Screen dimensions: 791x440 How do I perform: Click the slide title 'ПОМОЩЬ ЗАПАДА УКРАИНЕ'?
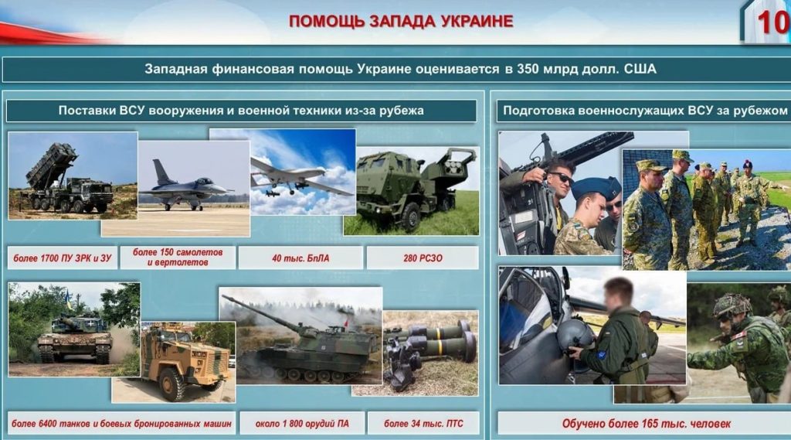tap(401, 21)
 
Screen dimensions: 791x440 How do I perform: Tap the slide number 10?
tap(772, 22)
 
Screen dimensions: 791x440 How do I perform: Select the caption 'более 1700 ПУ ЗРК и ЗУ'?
tap(62, 258)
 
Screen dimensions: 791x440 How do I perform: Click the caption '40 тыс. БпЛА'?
tap(300, 258)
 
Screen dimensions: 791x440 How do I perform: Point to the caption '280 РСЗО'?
tap(423, 258)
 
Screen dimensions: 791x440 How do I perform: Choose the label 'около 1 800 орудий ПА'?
tap(302, 423)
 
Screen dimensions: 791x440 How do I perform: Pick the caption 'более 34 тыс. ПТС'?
tap(423, 423)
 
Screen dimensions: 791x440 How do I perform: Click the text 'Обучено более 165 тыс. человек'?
tap(647, 424)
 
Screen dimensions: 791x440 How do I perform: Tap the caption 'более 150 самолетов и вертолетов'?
tap(178, 258)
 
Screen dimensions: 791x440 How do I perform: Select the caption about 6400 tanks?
tap(121, 423)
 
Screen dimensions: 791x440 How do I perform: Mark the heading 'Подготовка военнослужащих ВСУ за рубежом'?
tap(645, 111)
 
